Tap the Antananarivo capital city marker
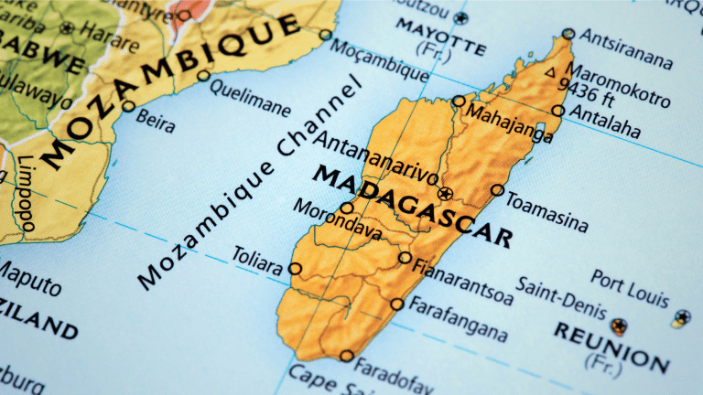click(446, 194)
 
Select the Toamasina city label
click(547, 211)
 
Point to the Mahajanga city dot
click(459, 101)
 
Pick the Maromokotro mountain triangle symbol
click(550, 70)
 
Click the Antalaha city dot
click(557, 111)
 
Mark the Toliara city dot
click(295, 269)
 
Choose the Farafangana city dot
click(396, 304)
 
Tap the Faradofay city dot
click(346, 357)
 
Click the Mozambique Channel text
click(247, 183)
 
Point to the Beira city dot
click(129, 106)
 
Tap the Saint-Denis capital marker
click(620, 325)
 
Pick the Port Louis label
click(630, 287)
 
